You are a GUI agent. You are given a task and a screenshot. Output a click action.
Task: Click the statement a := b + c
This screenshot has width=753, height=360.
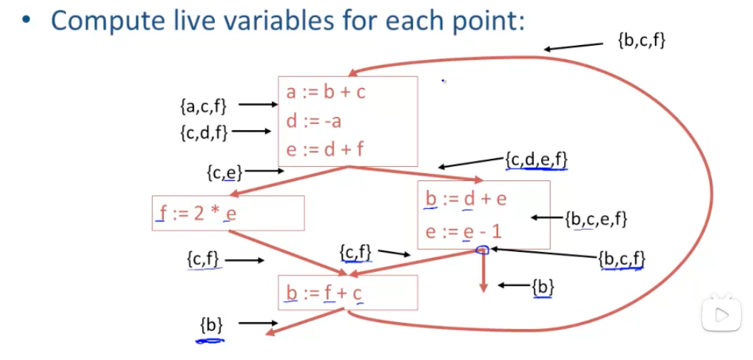pos(326,92)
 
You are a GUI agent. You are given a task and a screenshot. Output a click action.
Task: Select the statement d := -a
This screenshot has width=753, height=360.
pos(314,121)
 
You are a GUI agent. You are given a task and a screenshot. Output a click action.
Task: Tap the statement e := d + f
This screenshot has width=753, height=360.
pos(325,150)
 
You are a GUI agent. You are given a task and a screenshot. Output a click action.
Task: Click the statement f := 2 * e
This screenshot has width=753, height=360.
pos(195,213)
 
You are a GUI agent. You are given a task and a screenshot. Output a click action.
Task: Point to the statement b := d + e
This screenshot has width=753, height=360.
pos(465,198)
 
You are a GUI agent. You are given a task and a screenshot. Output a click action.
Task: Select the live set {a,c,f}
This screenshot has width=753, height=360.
pos(203,106)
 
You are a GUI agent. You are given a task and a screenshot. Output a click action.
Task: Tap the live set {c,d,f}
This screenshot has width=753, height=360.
pos(204,132)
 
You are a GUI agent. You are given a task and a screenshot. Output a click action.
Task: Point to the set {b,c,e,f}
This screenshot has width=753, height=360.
pos(596,219)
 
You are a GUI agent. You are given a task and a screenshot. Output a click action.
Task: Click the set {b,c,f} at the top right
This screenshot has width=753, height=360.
pos(641,42)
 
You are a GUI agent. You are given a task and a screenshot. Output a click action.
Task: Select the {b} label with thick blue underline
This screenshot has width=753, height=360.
pos(211,326)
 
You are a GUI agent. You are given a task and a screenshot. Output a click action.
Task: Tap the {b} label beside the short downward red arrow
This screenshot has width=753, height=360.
pos(543,286)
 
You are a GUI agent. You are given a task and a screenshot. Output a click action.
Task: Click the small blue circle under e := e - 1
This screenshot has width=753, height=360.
pos(482,250)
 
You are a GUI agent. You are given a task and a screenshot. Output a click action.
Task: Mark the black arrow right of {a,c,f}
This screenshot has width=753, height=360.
pos(258,104)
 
